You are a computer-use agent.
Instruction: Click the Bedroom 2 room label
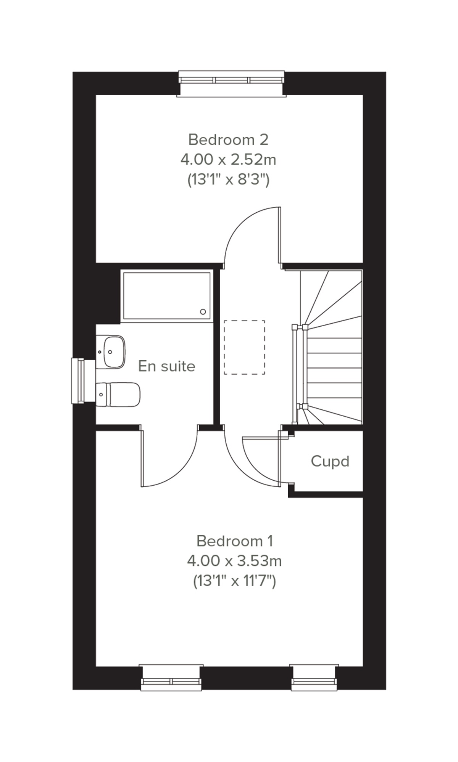[x=228, y=140]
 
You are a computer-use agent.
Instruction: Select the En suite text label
[x=167, y=366]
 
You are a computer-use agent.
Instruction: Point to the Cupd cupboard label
[x=330, y=462]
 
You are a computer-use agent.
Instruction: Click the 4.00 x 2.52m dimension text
[x=228, y=160]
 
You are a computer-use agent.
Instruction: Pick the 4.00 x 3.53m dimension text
[x=235, y=561]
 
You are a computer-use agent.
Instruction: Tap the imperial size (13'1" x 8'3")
[x=228, y=180]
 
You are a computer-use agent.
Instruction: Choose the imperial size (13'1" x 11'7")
[x=235, y=581]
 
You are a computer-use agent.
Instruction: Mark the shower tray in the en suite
[x=166, y=296]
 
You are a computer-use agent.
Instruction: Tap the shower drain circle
[x=203, y=312]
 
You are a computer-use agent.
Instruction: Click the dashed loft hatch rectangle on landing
[x=244, y=347]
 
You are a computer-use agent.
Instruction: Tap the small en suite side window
[x=79, y=381]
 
